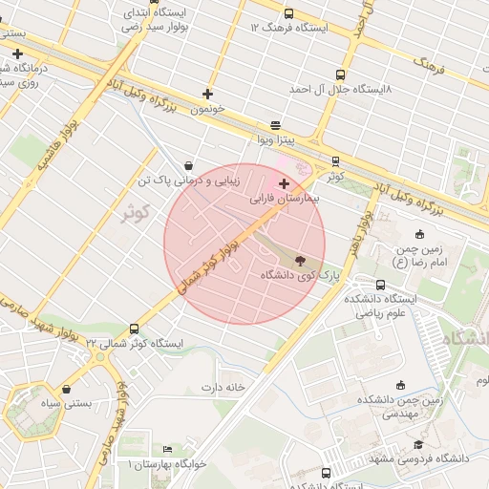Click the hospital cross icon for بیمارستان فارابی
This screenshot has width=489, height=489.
tap(283, 182)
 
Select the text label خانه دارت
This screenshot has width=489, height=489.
tap(223, 387)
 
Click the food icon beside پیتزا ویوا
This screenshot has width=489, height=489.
tap(275, 125)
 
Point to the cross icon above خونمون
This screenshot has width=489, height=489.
tap(207, 94)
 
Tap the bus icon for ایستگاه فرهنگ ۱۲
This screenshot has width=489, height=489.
tap(288, 13)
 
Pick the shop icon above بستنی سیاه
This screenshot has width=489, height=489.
tap(66, 389)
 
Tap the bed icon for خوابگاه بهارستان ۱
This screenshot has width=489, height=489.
tap(168, 450)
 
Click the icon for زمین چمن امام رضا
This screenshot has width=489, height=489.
tap(419, 235)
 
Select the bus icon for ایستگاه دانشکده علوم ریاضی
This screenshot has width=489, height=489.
tap(381, 284)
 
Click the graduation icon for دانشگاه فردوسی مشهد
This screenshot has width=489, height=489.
tap(417, 445)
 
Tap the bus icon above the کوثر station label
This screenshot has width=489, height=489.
tap(334, 161)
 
